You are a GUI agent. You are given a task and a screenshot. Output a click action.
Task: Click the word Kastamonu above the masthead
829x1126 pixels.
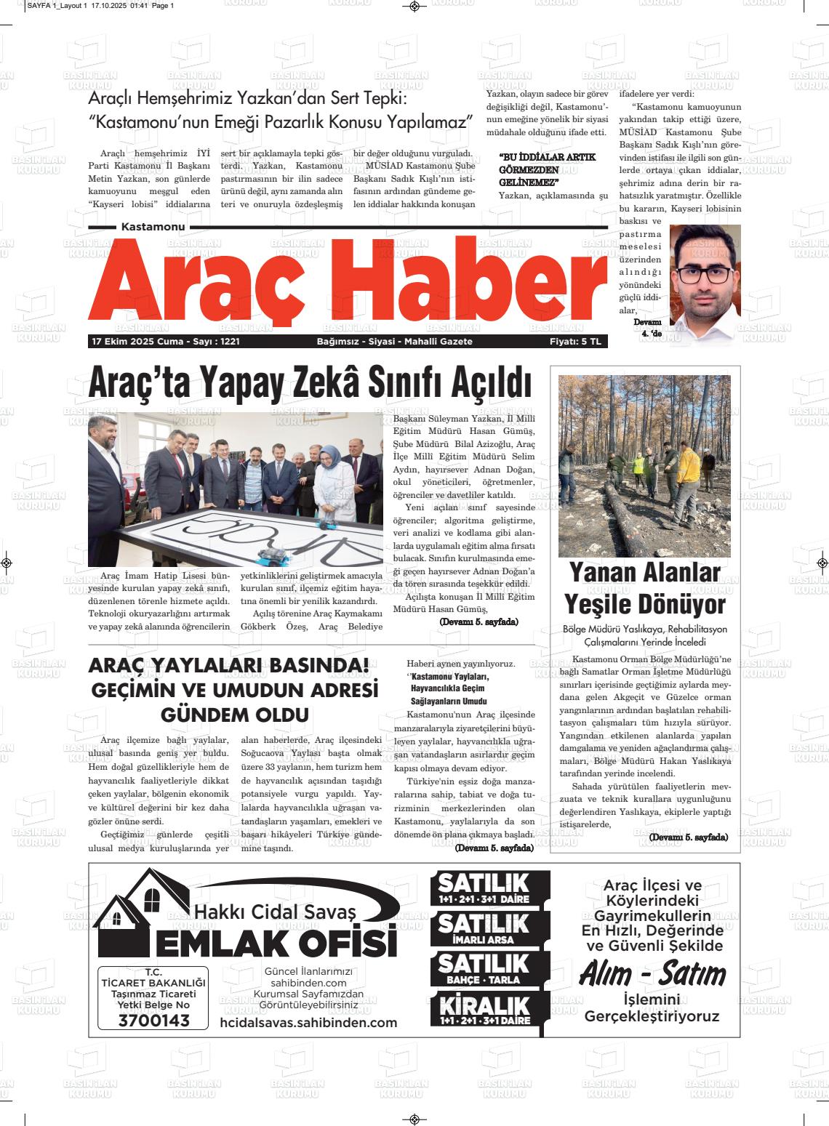153,227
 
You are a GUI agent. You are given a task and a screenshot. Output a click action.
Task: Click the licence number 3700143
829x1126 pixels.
153,1021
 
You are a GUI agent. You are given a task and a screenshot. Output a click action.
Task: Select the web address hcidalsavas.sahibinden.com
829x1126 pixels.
308,1023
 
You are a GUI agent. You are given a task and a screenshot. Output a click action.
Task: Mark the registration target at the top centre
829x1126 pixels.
414,7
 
